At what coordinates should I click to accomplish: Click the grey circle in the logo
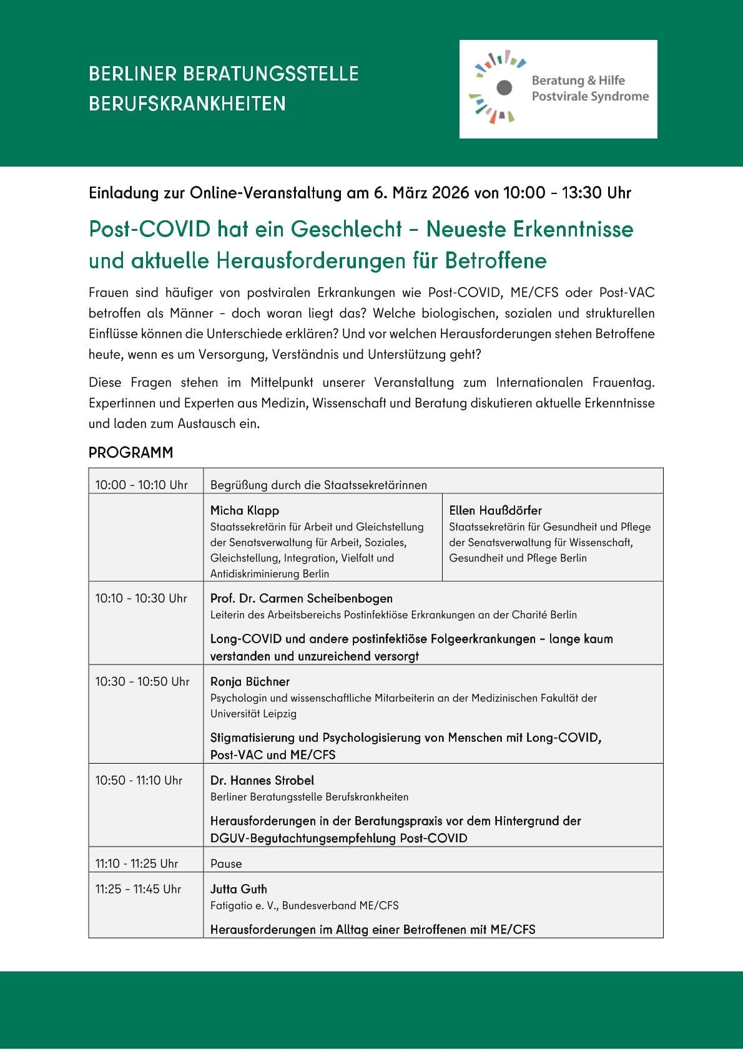504,87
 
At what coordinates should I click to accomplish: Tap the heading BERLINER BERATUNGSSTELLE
224,74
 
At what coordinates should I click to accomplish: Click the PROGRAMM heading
130,452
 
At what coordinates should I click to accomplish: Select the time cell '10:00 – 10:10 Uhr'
141,485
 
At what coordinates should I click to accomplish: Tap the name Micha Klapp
245,510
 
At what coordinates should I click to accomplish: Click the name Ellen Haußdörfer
495,510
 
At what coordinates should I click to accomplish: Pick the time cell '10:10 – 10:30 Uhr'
141,598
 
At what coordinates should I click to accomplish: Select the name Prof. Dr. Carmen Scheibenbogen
302,598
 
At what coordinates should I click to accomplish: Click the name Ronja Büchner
250,681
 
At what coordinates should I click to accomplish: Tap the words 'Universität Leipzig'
253,714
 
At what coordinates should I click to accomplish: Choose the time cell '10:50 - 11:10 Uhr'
139,780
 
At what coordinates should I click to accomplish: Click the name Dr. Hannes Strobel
262,780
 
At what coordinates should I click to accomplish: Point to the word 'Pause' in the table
226,863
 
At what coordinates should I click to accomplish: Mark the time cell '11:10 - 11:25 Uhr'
137,863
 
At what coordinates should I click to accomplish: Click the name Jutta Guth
239,889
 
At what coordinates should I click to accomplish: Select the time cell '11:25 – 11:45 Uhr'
138,889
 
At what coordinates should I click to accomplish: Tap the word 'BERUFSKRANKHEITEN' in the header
187,104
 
